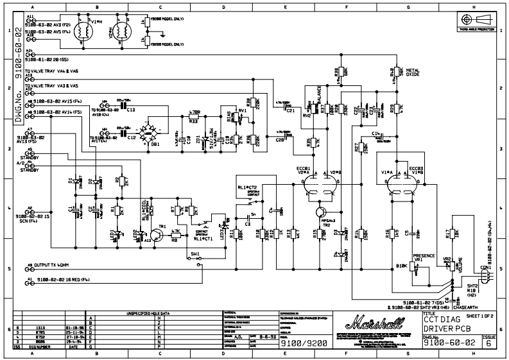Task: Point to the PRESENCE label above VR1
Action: [425, 255]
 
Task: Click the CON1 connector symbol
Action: [484, 275]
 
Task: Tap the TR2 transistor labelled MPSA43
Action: [321, 212]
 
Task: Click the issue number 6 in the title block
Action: [488, 344]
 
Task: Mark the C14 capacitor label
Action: [379, 132]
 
